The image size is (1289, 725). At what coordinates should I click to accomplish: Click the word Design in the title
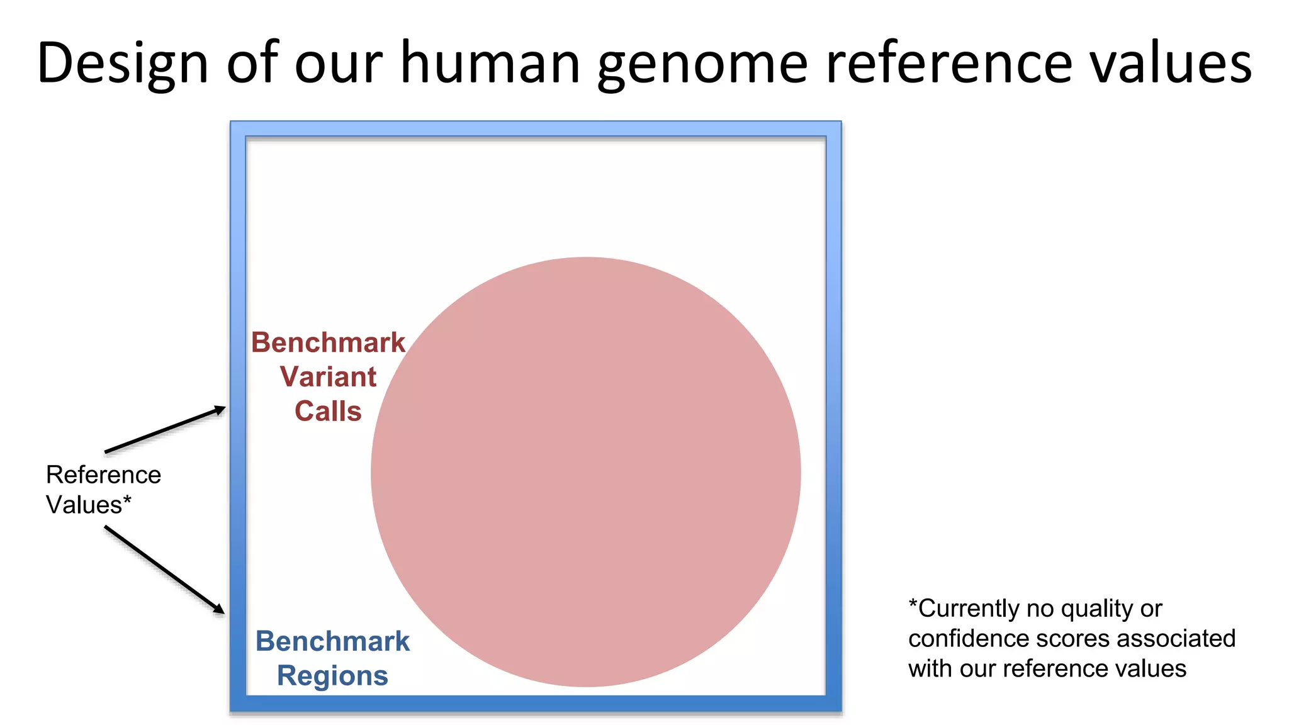[123, 63]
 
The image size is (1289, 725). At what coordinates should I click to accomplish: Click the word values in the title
[1171, 63]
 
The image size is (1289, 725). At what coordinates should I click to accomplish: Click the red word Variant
[328, 377]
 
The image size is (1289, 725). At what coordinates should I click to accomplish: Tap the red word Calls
[328, 412]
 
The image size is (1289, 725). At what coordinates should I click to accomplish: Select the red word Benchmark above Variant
[328, 343]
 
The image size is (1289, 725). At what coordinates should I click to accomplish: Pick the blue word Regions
[332, 676]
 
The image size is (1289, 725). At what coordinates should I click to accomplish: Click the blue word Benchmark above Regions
[332, 641]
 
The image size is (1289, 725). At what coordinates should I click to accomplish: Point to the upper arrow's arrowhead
[220, 410]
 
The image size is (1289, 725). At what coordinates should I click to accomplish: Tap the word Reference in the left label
[103, 475]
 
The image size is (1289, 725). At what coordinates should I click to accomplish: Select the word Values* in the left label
[89, 505]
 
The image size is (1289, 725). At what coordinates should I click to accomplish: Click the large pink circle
[585, 472]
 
